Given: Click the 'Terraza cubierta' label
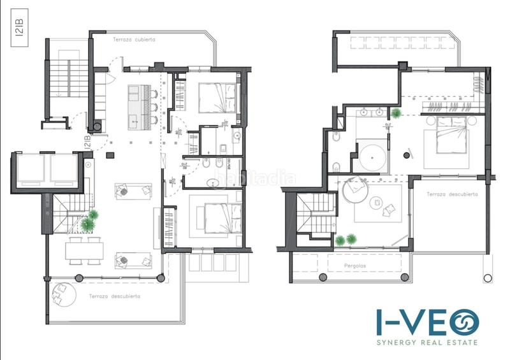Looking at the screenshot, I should [x=134, y=40].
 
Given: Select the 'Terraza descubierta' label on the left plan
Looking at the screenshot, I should [x=115, y=296].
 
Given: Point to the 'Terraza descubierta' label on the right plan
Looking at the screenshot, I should [x=452, y=194].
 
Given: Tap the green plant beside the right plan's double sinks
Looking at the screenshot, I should [x=397, y=113].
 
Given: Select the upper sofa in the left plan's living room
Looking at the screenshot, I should [x=133, y=191].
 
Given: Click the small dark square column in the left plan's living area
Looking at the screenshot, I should [x=110, y=154].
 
